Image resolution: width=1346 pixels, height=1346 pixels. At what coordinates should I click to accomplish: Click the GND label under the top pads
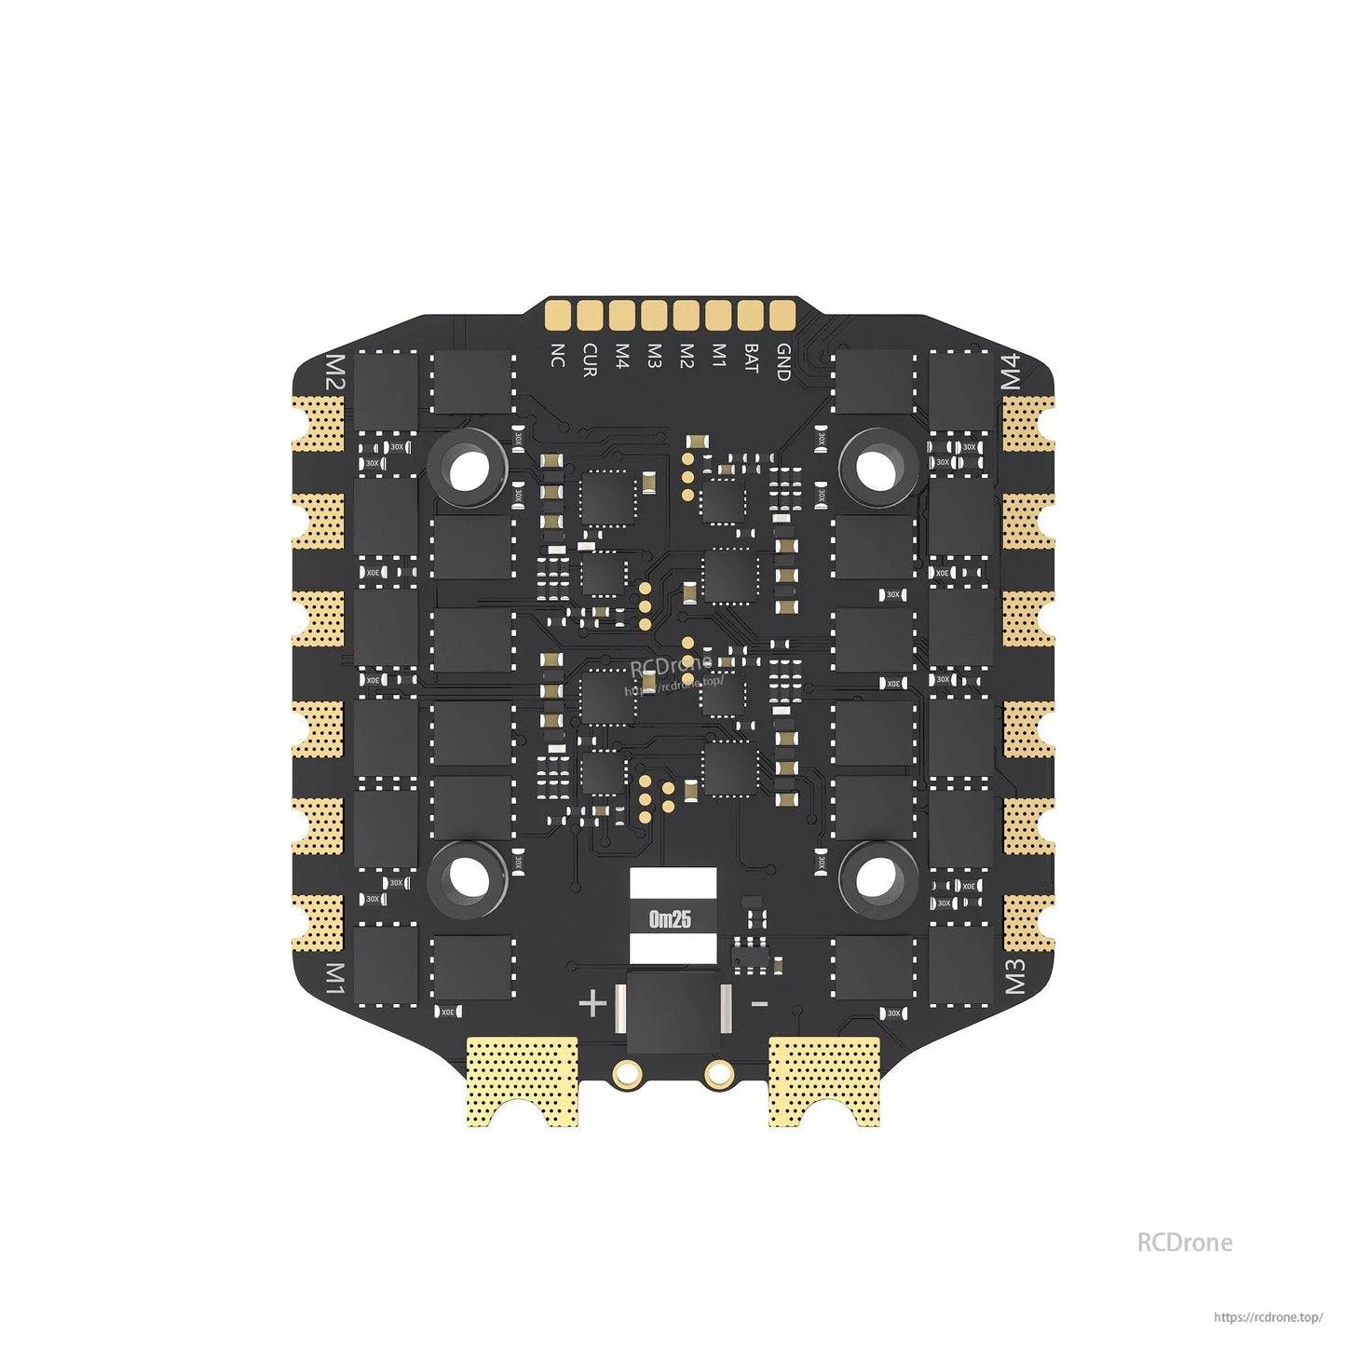point(783,362)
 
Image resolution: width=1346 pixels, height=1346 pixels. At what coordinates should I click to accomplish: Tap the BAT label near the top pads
point(751,359)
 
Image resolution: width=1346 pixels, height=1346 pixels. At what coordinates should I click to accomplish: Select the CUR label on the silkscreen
point(589,360)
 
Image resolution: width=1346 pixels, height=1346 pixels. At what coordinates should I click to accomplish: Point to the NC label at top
point(557,355)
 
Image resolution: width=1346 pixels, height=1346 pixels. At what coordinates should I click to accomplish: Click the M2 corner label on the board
point(333,373)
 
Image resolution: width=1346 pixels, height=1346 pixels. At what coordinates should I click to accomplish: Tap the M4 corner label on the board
point(1012,373)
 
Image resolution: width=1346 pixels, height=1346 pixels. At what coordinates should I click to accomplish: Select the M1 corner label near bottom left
point(334,979)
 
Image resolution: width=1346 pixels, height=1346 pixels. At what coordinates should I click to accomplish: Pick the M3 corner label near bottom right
point(1014,977)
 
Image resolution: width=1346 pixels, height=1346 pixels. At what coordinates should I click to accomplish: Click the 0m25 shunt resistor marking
point(671,919)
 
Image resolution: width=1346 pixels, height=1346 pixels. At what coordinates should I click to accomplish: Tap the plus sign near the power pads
point(593,1003)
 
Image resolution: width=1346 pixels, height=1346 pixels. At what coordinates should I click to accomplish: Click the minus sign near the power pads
point(759,1003)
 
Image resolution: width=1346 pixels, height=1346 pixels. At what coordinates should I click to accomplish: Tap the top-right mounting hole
point(877,469)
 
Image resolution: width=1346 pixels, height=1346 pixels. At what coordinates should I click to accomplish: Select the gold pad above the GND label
point(782,316)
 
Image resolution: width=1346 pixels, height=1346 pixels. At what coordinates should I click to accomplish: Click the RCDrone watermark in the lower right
point(1184,1243)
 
